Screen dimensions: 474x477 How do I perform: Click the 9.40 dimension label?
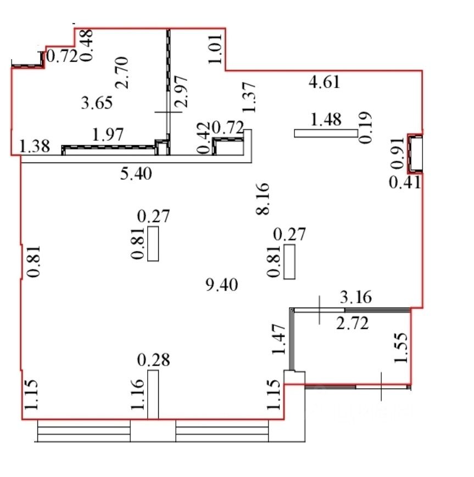tap(222, 285)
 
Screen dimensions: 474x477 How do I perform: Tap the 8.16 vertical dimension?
tap(263, 199)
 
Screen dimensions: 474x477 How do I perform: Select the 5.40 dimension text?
tap(136, 174)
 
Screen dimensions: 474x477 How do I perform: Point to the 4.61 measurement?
tap(324, 82)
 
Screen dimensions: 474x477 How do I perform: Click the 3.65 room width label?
tap(97, 103)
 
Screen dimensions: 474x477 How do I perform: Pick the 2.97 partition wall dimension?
tap(181, 91)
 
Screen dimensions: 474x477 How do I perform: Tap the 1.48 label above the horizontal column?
tap(326, 120)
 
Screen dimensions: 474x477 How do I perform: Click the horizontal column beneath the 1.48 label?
tap(326, 133)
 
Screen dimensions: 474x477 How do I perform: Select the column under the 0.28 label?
tap(153, 395)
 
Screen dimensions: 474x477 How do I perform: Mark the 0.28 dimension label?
tap(153, 360)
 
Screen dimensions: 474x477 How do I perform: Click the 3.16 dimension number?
tap(356, 297)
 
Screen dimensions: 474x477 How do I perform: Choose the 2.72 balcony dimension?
tap(353, 323)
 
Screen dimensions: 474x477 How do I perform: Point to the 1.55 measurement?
tap(400, 348)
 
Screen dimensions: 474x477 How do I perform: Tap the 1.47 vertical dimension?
tap(278, 339)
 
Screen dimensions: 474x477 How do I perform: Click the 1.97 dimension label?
tap(108, 134)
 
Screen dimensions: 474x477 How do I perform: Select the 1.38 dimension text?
tap(35, 146)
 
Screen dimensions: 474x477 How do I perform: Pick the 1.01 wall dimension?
tap(215, 49)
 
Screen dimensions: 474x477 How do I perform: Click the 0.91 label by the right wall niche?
tap(397, 153)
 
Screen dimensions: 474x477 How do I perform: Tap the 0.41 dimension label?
tap(405, 183)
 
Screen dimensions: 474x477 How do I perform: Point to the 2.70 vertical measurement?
tap(122, 72)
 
